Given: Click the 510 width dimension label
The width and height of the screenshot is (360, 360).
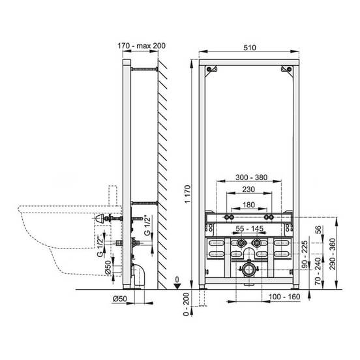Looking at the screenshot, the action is pos(250,48).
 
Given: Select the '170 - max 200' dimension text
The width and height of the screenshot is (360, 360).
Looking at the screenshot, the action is pos(142,46).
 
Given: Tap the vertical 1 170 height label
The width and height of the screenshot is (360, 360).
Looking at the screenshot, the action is pos(188,194).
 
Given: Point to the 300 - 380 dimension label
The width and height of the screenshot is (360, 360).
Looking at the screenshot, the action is pos(251,177).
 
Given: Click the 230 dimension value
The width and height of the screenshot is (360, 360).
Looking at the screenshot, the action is pos(248,189).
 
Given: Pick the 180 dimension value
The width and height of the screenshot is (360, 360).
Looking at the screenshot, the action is pos(248,205).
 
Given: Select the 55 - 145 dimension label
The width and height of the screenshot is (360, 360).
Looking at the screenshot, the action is pos(249,228).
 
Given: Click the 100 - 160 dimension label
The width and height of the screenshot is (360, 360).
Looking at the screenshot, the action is pos(284,297).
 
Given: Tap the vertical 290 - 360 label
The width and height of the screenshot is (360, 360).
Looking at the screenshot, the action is pos(332,254).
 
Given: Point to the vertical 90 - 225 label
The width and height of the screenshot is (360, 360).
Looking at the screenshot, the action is pos(305,254).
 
